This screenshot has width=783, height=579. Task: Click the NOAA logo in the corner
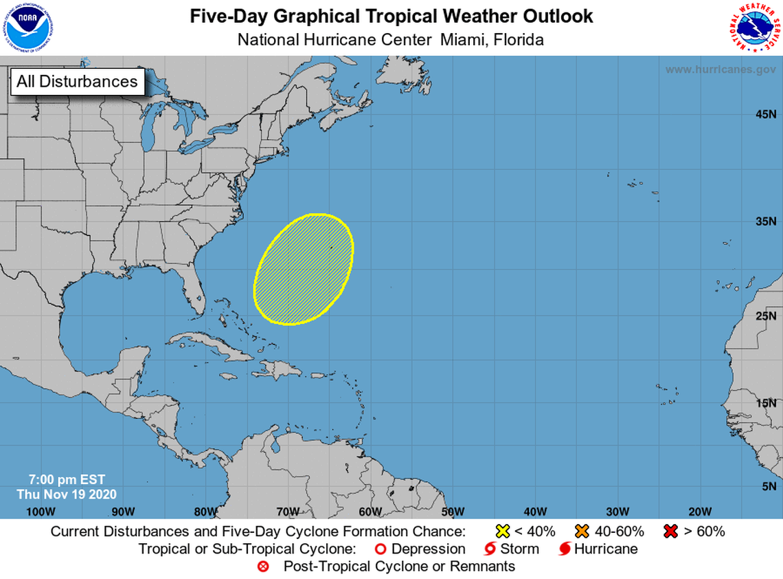[x=27, y=28]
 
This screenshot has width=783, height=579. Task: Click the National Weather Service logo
[x=754, y=28]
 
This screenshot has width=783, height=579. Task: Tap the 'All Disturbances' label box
[x=77, y=81]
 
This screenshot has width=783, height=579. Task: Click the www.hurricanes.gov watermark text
[x=720, y=69]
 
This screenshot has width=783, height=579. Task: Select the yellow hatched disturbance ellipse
[x=304, y=270]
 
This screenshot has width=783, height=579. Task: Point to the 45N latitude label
[x=765, y=114]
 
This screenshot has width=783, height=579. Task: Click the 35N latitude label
[x=765, y=222]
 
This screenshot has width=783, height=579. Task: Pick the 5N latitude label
[x=768, y=486]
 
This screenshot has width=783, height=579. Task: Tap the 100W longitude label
[x=40, y=511]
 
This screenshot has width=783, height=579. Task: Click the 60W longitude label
[x=370, y=511]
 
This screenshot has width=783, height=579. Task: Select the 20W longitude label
[x=699, y=511]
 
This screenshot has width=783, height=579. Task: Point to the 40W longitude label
[x=534, y=511]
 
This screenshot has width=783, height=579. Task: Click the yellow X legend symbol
[x=502, y=531]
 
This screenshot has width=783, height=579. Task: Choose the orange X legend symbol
[x=582, y=531]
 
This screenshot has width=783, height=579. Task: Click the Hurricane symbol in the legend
[x=565, y=549]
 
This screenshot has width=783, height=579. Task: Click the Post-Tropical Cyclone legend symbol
[x=262, y=567]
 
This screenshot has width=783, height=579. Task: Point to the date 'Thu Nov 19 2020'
[x=67, y=494]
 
